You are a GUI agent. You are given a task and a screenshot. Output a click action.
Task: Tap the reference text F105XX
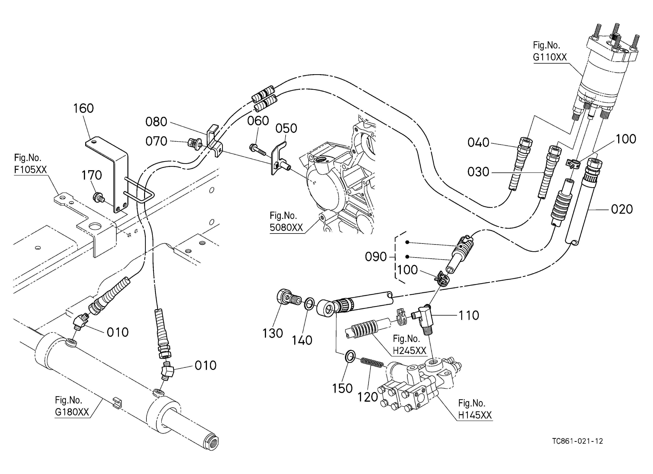coord(30,169)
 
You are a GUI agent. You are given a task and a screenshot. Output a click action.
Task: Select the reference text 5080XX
coord(286,228)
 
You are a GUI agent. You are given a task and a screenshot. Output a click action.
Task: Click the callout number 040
coord(478,143)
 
